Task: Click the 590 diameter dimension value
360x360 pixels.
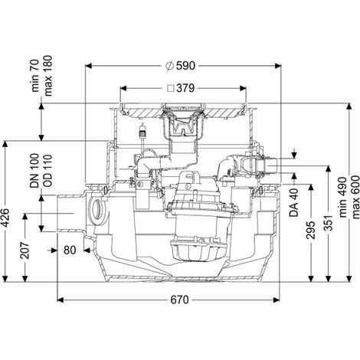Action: point(185,66)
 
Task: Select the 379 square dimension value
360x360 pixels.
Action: point(185,88)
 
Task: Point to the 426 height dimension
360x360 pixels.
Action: point(5,218)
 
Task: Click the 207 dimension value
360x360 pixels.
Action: point(25,250)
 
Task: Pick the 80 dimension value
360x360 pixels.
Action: point(70,250)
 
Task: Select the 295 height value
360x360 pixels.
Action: point(311,230)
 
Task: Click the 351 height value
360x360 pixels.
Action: point(329,222)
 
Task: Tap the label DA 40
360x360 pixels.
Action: point(294,203)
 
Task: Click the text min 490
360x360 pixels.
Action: point(343,197)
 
